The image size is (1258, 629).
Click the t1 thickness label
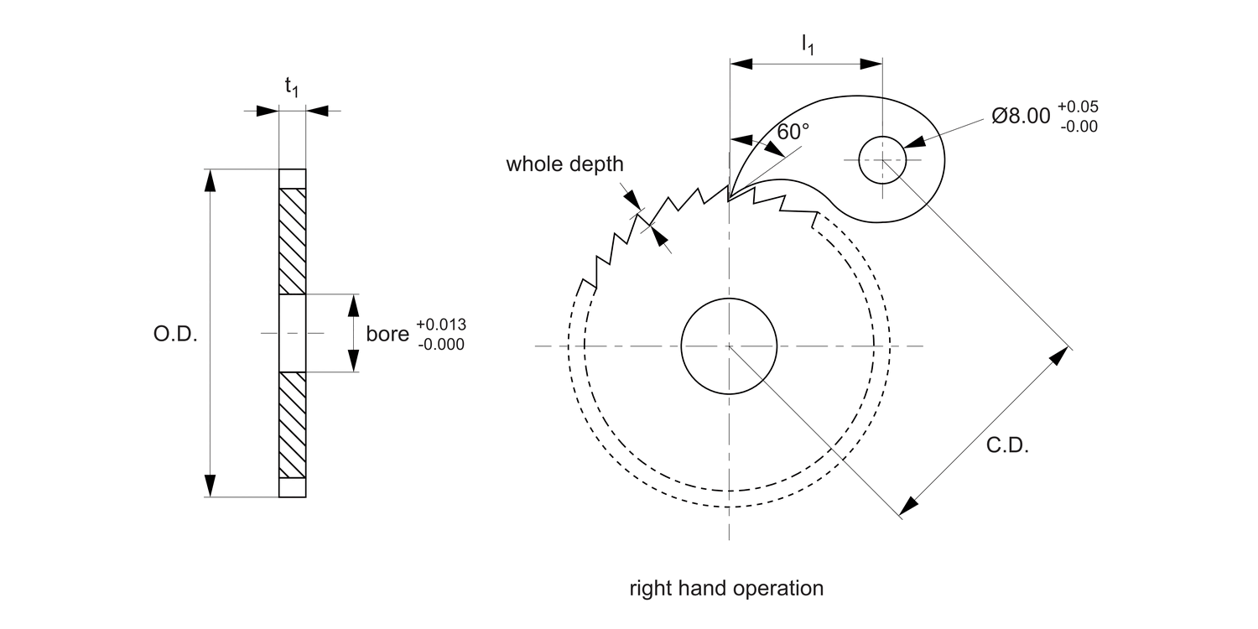(291, 86)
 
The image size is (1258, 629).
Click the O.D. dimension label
(174, 335)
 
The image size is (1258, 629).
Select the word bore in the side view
(386, 334)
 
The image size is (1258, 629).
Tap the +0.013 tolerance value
(440, 325)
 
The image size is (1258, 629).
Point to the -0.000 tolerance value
(440, 344)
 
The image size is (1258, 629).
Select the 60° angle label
(793, 132)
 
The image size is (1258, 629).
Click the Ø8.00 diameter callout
(1021, 117)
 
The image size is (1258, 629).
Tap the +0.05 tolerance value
(1078, 107)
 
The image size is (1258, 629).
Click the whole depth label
(564, 164)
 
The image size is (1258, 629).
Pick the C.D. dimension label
(1007, 446)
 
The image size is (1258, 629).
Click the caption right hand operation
(726, 588)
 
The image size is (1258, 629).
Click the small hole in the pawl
(882, 159)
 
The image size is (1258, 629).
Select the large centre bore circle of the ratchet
(730, 346)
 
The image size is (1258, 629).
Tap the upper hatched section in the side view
(293, 242)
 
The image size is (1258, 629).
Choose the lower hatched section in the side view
(293, 424)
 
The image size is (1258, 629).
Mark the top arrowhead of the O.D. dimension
(210, 180)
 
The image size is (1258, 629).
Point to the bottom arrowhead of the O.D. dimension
(210, 486)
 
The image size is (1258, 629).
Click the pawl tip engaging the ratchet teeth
(729, 199)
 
